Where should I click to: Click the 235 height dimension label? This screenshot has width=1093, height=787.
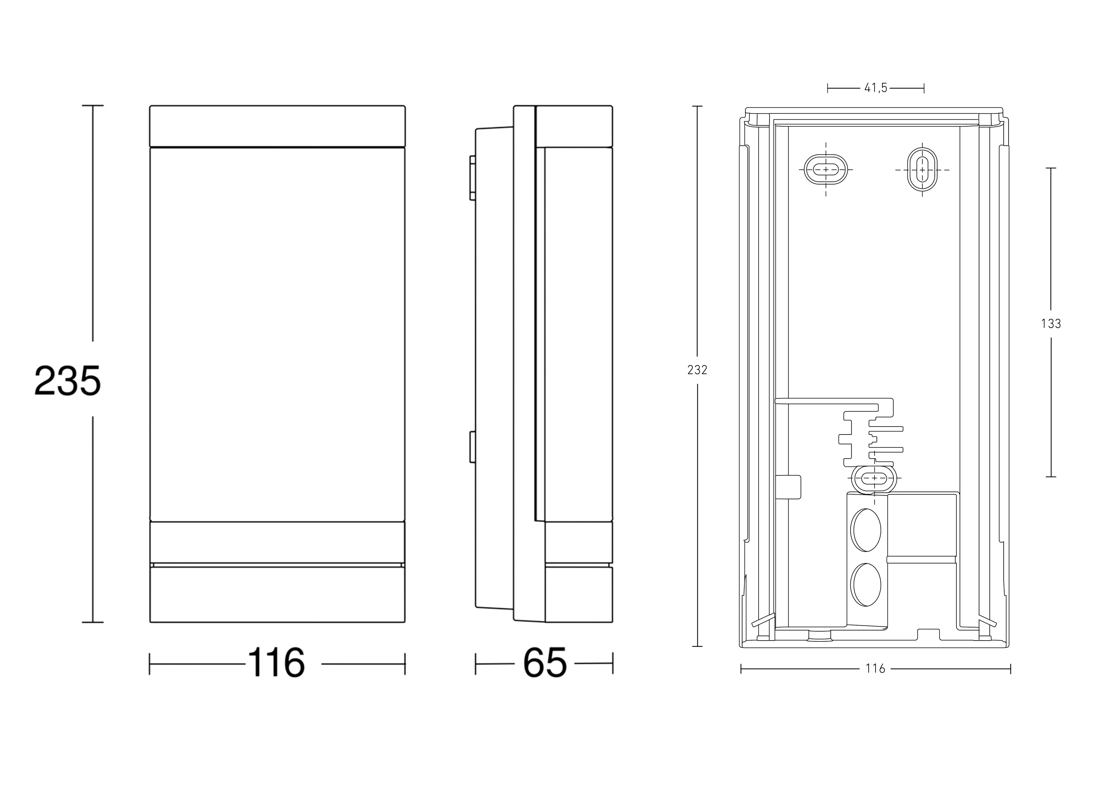[x=67, y=380]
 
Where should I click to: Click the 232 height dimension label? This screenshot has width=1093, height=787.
[x=697, y=370]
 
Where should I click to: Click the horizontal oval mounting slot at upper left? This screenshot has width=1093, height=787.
[x=826, y=170]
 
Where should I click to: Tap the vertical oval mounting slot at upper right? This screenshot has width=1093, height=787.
[x=922, y=170]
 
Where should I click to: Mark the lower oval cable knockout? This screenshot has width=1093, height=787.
[x=866, y=585]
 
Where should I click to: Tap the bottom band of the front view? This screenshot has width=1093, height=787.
[x=277, y=594]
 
